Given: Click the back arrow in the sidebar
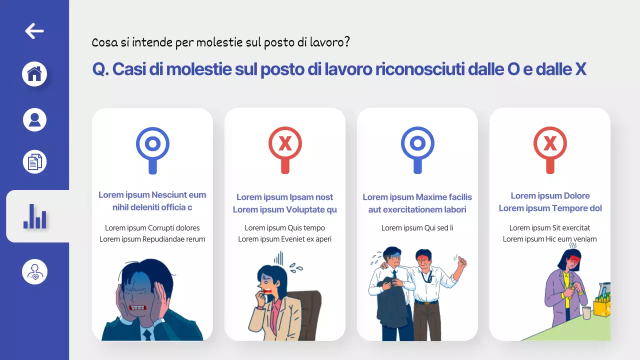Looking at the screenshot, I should click(34, 31).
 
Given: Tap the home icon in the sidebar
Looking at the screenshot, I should click(34, 74).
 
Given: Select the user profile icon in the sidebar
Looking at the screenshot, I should click(34, 120).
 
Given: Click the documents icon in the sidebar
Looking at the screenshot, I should click(34, 162).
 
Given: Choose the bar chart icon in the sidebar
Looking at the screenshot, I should click(35, 216).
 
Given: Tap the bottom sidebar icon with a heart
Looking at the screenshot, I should click(34, 272).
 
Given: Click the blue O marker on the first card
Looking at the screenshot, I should click(152, 144).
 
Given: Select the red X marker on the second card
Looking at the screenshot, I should click(285, 144).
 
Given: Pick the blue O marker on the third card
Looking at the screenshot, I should click(417, 144).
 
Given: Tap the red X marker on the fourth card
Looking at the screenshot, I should click(550, 144).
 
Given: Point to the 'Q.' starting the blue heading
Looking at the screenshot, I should click(100, 69).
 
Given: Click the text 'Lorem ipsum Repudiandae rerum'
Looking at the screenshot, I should click(152, 239).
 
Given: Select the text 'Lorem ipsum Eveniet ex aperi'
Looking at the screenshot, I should click(285, 239).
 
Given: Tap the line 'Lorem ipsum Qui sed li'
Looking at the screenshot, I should click(417, 228).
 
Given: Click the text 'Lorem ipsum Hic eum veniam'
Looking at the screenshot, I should click(550, 239).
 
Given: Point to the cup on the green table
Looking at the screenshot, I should click(586, 313).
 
